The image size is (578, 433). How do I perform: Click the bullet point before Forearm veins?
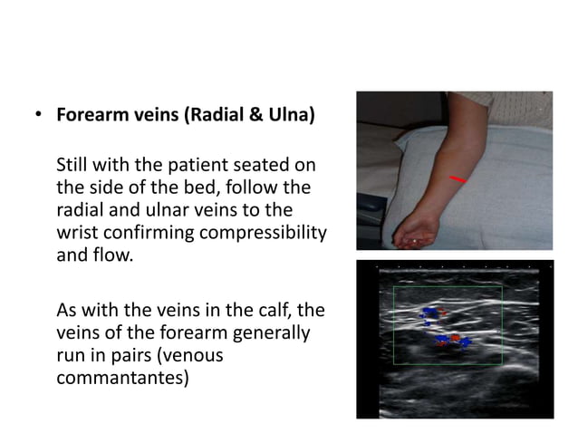pos(38,117)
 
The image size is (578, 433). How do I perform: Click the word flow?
pos(110,256)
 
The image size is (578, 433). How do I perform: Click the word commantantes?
pos(122,379)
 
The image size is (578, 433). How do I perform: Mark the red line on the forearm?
pos(458,179)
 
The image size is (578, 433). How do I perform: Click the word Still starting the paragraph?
pos(73,166)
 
